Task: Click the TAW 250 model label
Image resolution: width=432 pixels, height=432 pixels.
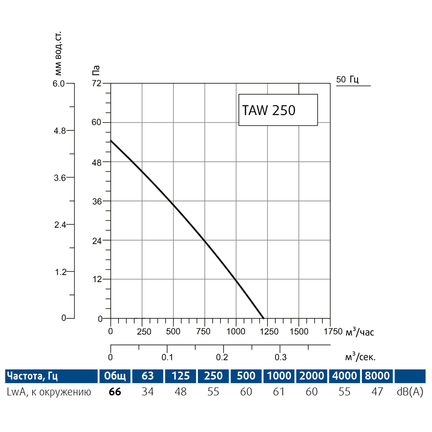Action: click(269, 110)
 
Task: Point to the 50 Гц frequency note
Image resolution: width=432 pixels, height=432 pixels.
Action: click(347, 80)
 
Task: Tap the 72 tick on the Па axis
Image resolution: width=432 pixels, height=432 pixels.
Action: click(97, 83)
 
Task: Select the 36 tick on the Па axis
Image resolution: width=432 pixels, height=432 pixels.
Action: click(97, 201)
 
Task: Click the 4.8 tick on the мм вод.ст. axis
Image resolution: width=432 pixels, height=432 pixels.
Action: click(60, 130)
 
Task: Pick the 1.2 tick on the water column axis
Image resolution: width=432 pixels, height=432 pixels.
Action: click(60, 272)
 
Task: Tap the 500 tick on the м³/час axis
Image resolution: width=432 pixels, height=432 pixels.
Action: click(173, 331)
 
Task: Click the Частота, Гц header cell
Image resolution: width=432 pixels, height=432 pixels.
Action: click(32, 376)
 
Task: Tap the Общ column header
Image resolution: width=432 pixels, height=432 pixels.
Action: click(115, 376)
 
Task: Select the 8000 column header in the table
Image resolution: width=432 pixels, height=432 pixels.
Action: click(377, 376)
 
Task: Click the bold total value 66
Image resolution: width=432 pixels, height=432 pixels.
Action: click(115, 392)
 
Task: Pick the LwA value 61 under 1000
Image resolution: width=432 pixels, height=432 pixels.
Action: click(279, 392)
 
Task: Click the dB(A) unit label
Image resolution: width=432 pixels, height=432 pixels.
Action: click(410, 392)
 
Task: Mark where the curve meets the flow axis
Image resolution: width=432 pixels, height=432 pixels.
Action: click(264, 318)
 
